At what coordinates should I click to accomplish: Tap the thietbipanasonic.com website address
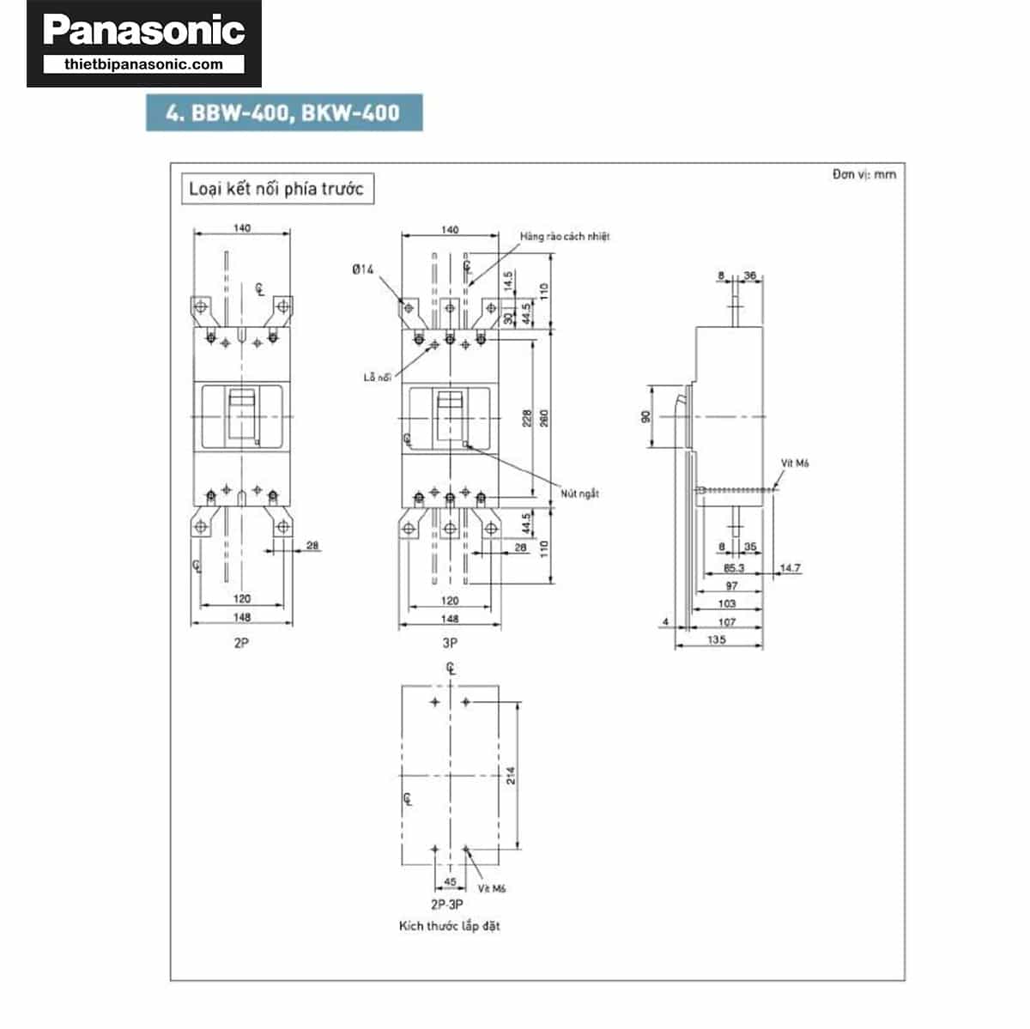coord(143,64)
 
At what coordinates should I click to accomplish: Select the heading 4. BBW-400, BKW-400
coord(283,113)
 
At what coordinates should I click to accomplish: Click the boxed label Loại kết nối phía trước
coord(276,189)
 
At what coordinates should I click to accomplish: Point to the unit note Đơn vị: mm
coord(863,174)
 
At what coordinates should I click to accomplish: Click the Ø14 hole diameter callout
coord(363,269)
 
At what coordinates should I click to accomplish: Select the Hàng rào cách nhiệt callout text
coord(564,236)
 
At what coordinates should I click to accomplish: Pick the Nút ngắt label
coord(579,493)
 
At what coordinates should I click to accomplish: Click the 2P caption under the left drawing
coord(241,642)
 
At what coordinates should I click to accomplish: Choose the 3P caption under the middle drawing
coord(450,642)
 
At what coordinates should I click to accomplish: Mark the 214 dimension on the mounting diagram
coord(512,776)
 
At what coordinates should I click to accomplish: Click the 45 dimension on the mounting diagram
coord(450,882)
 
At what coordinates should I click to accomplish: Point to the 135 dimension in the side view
coord(717,639)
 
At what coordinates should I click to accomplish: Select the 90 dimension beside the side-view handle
coord(646,416)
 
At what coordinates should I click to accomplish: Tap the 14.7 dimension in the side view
coord(790,568)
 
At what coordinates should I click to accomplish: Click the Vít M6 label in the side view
coord(795,463)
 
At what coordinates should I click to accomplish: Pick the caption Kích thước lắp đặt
coord(449,926)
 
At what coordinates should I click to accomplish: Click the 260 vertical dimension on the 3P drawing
coord(544,418)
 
